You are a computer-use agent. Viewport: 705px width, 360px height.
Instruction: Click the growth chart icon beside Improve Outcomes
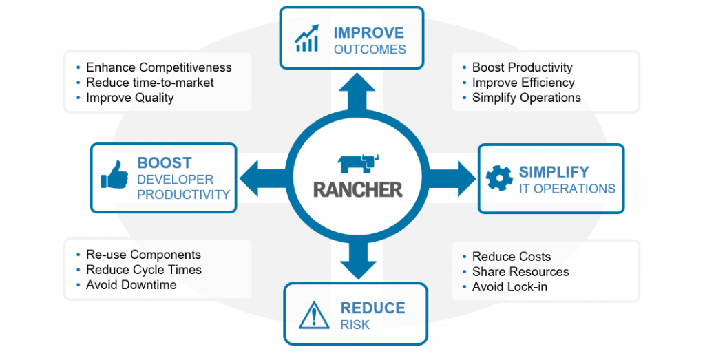(306, 39)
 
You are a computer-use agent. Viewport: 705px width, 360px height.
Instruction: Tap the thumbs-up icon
(114, 175)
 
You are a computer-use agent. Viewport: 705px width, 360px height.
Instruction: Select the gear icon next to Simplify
(499, 178)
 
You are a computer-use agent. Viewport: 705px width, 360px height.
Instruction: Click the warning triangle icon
(314, 315)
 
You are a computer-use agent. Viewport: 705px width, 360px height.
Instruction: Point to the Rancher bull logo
(358, 164)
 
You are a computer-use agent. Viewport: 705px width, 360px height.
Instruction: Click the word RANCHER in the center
(358, 190)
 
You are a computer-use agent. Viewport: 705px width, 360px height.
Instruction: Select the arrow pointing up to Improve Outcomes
(357, 94)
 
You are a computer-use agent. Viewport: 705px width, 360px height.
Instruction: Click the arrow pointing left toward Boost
(264, 178)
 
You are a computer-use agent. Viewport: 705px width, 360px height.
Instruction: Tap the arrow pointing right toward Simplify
(451, 178)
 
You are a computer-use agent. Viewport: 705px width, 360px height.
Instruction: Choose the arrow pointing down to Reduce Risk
(358, 260)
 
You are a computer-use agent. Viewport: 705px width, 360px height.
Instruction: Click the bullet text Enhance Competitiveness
(159, 67)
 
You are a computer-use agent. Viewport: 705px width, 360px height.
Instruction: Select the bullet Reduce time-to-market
(149, 83)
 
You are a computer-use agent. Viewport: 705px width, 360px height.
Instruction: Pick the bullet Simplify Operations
(527, 98)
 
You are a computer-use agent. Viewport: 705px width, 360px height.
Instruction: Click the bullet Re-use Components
(143, 255)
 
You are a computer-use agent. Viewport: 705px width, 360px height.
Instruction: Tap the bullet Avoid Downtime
(131, 285)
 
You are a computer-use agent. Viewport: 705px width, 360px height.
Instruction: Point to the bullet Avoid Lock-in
(509, 287)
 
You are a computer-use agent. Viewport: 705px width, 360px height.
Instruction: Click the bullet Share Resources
(520, 272)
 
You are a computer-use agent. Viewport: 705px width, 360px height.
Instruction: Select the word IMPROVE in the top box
(369, 33)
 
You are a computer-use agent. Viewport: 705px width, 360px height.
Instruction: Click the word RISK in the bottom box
(355, 325)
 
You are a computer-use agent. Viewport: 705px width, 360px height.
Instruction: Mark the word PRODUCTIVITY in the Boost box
(183, 195)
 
